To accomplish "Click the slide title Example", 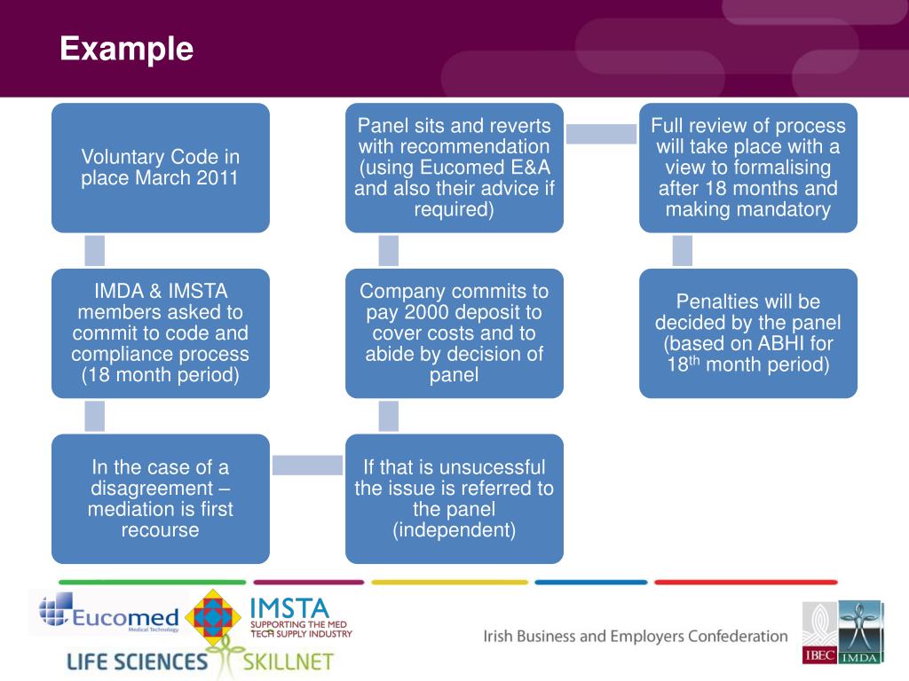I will coord(126,48).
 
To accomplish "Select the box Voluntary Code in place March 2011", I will coord(161,168).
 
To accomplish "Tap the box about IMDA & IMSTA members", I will coord(161,333).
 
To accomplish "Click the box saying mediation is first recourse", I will coord(161,498).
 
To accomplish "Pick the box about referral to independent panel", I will coord(454,498).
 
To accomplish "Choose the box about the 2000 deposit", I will coord(454,333).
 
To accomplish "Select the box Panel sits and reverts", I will coord(454,168).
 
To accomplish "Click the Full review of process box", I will coord(748,168).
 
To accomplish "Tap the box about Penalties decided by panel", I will coord(748,333).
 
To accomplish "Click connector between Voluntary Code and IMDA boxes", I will coord(95,250).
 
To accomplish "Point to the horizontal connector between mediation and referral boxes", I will coord(307,465).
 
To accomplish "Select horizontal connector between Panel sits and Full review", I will coord(601,133).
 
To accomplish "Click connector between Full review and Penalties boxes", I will coord(683,250).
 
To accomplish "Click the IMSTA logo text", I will coord(289,608).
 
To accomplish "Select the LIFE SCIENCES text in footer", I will coord(137,661).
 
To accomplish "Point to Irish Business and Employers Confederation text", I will coord(636,636).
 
